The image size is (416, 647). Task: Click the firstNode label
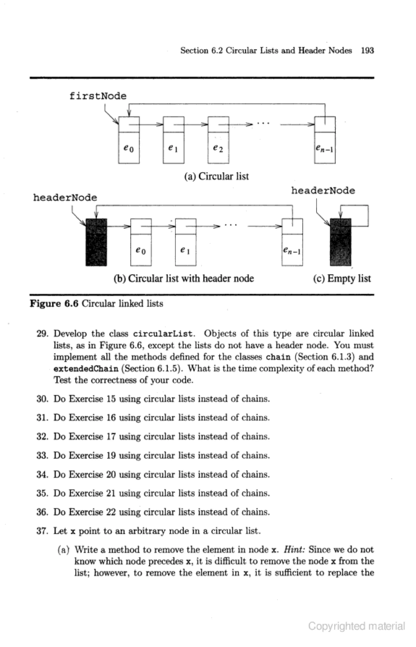(x=98, y=96)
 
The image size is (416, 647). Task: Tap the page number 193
(x=367, y=51)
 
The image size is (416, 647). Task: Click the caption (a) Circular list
(x=216, y=176)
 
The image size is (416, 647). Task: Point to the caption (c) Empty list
(x=342, y=278)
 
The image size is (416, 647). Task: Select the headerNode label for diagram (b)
(x=65, y=198)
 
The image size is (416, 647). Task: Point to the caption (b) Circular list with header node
(x=184, y=278)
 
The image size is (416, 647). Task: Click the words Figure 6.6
(x=54, y=304)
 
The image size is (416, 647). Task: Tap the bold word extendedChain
(x=86, y=369)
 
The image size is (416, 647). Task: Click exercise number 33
(x=42, y=455)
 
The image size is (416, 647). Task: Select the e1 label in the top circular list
(x=173, y=148)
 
